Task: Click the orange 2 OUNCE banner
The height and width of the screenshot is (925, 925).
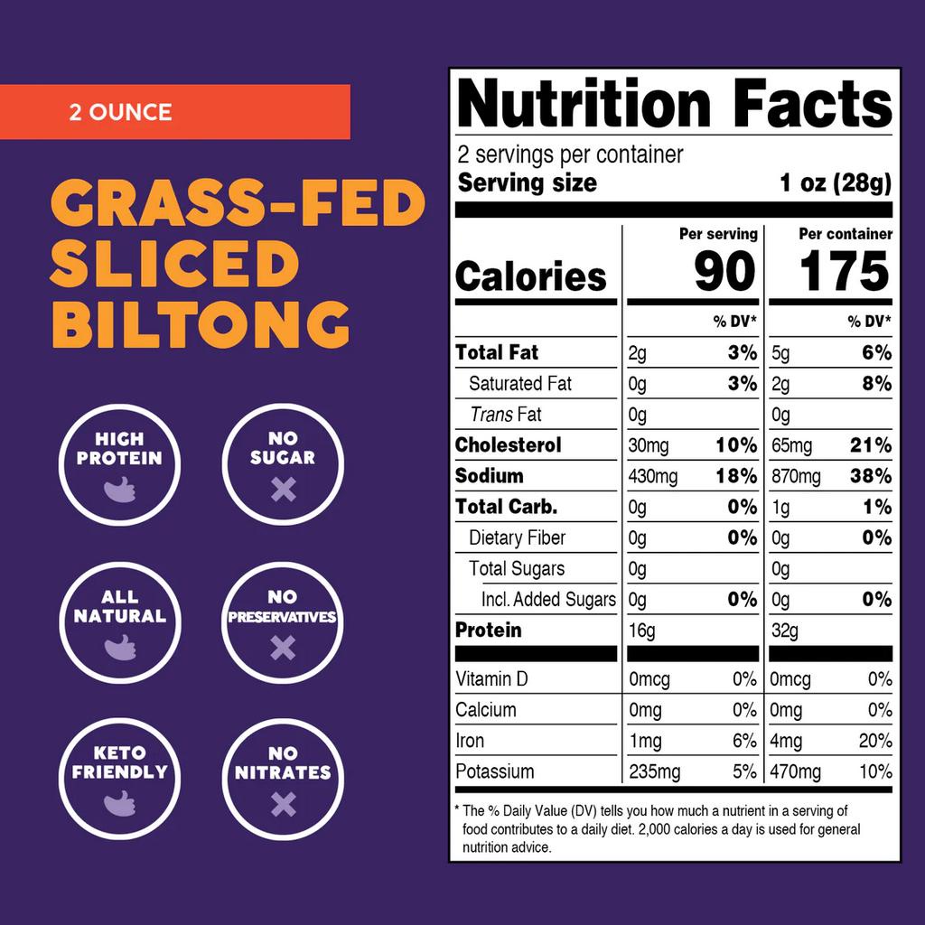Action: click(x=174, y=112)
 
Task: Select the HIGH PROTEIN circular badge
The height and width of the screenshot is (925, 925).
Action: click(x=119, y=464)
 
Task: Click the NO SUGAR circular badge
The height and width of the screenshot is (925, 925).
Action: click(x=283, y=464)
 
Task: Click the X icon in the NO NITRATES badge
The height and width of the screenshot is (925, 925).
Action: click(x=283, y=803)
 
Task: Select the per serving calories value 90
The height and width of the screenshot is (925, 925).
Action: click(x=724, y=271)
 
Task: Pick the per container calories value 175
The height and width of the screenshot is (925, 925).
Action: click(x=846, y=271)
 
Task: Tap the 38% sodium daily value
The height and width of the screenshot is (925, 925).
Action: click(x=871, y=476)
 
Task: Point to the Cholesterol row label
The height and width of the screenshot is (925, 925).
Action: click(x=508, y=445)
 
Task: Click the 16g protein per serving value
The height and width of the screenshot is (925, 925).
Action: click(x=641, y=631)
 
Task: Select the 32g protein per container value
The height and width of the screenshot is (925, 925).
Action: click(x=785, y=631)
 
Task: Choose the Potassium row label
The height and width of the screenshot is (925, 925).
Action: click(x=494, y=771)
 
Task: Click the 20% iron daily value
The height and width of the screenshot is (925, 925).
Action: click(x=874, y=741)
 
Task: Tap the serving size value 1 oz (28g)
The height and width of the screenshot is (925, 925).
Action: click(x=835, y=183)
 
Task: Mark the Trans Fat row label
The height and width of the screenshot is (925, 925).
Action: click(x=506, y=415)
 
